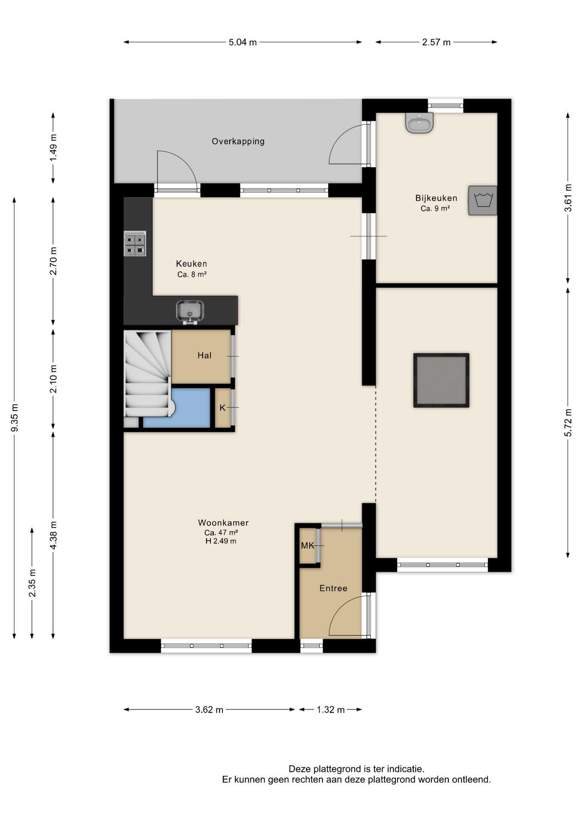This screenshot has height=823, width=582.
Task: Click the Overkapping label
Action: (238, 141)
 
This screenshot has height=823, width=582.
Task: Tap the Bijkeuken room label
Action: (436, 198)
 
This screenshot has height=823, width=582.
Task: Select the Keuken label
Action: (191, 264)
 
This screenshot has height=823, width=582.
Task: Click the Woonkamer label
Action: (223, 523)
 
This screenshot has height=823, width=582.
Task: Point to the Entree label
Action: (333, 588)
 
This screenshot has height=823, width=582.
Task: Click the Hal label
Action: (204, 355)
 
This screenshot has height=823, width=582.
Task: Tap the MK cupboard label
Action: (307, 546)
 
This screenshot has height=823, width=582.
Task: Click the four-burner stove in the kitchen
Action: (135, 243)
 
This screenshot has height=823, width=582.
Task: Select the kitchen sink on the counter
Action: (190, 312)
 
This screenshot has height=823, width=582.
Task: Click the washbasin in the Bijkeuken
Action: (420, 123)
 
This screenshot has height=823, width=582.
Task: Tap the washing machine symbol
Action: (483, 200)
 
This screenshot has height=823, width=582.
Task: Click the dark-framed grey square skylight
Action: (441, 380)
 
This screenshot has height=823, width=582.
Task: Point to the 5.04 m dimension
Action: (243, 42)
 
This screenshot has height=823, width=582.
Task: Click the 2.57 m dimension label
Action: (436, 42)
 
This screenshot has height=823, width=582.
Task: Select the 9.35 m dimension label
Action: (15, 418)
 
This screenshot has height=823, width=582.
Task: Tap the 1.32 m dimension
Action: (331, 709)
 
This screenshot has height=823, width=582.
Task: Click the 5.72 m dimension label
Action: (568, 423)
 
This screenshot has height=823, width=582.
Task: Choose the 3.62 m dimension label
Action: (209, 709)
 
